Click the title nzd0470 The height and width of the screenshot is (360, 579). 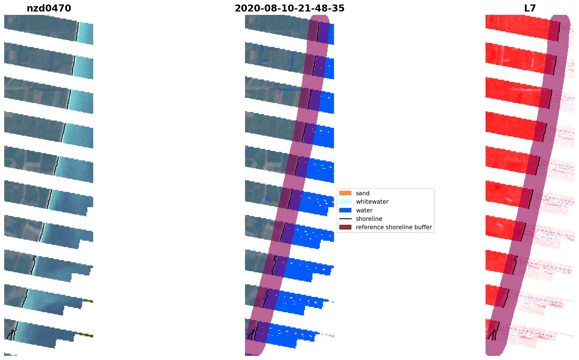click(x=49, y=8)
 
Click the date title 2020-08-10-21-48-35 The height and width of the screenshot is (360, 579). click(x=289, y=8)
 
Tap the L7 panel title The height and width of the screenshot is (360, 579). click(x=530, y=8)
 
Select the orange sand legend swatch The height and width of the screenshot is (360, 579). click(x=345, y=193)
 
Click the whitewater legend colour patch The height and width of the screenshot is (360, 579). click(x=345, y=201)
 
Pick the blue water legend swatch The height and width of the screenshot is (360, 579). click(x=345, y=210)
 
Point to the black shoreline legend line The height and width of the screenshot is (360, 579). click(x=345, y=219)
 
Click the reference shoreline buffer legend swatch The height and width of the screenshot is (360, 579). click(x=345, y=227)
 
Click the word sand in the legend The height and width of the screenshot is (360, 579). click(x=363, y=193)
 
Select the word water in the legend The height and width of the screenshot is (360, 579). click(x=364, y=210)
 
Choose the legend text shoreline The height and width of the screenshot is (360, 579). click(x=369, y=219)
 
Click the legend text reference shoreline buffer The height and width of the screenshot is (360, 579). click(x=393, y=227)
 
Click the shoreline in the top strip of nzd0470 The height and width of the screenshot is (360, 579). click(x=77, y=31)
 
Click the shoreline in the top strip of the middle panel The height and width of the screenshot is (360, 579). click(x=318, y=31)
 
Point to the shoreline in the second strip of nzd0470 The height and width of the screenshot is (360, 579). click(x=74, y=65)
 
